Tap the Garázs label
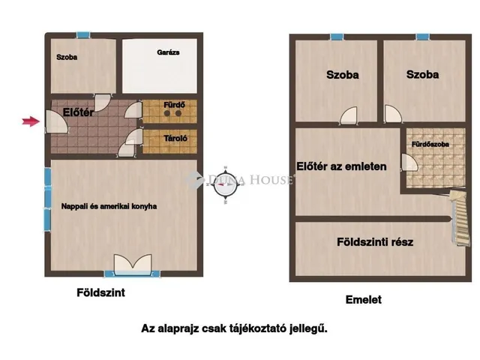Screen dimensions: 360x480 [167, 52]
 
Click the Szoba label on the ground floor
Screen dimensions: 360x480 [67, 56]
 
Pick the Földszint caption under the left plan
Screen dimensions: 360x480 [101, 293]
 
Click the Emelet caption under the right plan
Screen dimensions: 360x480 [363, 299]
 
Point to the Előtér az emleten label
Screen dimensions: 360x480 [342, 166]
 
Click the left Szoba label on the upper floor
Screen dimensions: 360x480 [342, 74]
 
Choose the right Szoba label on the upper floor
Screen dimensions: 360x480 [422, 74]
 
